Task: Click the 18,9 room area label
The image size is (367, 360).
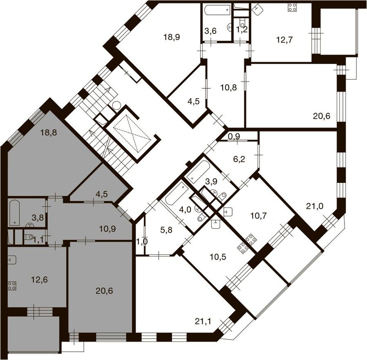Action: (x=172, y=37)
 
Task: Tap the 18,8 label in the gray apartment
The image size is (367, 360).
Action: (x=49, y=133)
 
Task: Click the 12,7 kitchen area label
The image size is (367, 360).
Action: (x=284, y=40)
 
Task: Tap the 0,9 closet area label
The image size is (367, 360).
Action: (x=234, y=136)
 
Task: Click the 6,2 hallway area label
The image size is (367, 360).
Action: (x=239, y=160)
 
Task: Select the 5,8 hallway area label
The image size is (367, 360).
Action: (x=167, y=230)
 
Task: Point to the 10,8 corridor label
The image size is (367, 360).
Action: (x=229, y=88)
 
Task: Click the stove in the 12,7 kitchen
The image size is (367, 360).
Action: (x=292, y=7)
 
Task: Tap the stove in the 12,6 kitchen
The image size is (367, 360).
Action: (x=12, y=286)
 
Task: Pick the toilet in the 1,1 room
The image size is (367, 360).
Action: (x=29, y=237)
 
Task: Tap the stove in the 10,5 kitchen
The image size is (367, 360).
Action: (x=243, y=248)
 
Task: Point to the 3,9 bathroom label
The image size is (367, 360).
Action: (x=211, y=181)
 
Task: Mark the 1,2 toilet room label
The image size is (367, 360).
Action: (x=242, y=30)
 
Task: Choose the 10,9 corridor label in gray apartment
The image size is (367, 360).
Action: (x=107, y=228)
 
